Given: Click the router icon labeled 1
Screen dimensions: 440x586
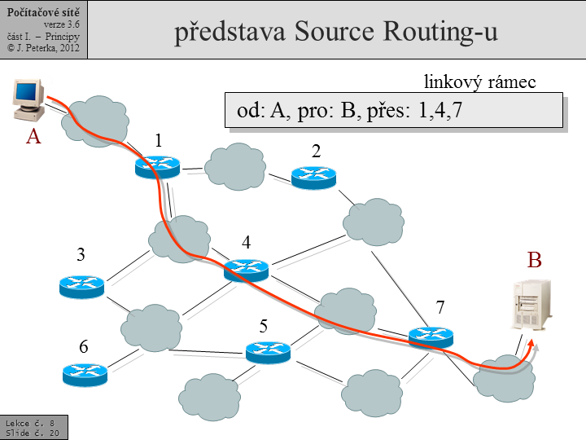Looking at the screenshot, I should [157, 166].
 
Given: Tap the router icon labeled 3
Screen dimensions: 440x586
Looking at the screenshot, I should [81, 286].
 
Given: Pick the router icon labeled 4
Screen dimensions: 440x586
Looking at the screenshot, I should [246, 269].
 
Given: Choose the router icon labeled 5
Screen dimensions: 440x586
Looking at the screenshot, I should [268, 352].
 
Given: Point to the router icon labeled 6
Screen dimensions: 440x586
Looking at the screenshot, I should [85, 374].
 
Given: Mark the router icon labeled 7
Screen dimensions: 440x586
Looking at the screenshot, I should [430, 336].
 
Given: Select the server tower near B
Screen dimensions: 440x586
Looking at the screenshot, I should [530, 304].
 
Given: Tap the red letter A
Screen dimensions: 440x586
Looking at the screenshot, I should [33, 137].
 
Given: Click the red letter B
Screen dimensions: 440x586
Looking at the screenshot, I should [534, 260].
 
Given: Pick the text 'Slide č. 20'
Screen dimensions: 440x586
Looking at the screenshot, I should [32, 433].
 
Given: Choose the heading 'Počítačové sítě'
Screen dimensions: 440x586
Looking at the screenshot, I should [43, 7].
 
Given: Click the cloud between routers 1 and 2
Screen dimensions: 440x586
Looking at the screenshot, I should [235, 166].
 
